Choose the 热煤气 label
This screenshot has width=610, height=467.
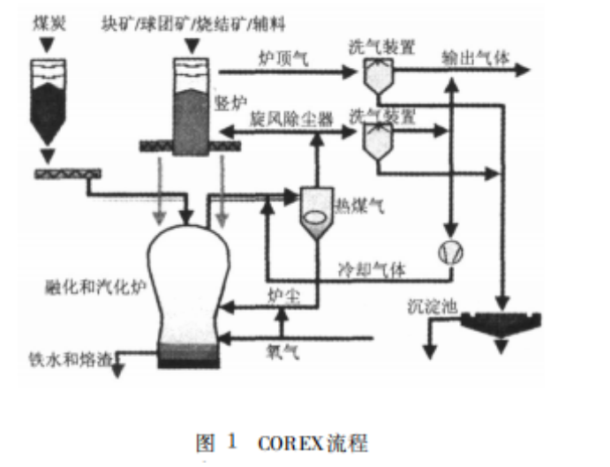pos(357,205)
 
